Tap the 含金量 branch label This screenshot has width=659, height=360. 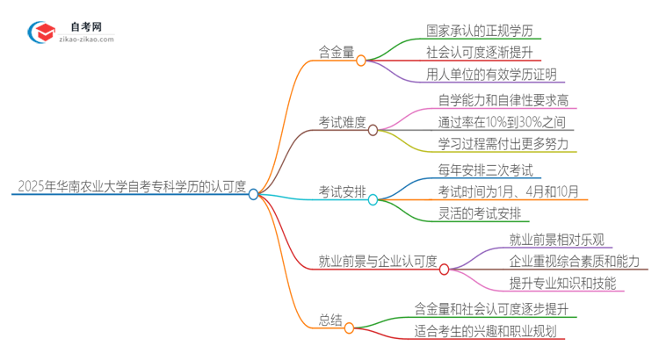click(x=337, y=52)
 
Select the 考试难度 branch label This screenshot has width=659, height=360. click(x=342, y=122)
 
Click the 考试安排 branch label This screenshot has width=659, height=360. click(x=342, y=191)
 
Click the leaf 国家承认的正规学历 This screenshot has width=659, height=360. click(x=480, y=31)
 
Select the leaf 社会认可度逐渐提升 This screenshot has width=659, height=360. click(x=480, y=52)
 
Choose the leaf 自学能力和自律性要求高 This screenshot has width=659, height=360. click(x=503, y=100)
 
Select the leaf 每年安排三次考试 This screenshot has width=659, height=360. click(x=485, y=169)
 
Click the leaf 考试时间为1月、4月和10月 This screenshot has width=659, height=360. click(x=508, y=191)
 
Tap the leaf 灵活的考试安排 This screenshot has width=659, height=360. click(x=479, y=212)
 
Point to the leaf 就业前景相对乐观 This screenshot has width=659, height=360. click(x=555, y=239)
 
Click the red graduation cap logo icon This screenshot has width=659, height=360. click(x=41, y=32)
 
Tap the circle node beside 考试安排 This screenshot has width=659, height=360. click(x=373, y=200)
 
